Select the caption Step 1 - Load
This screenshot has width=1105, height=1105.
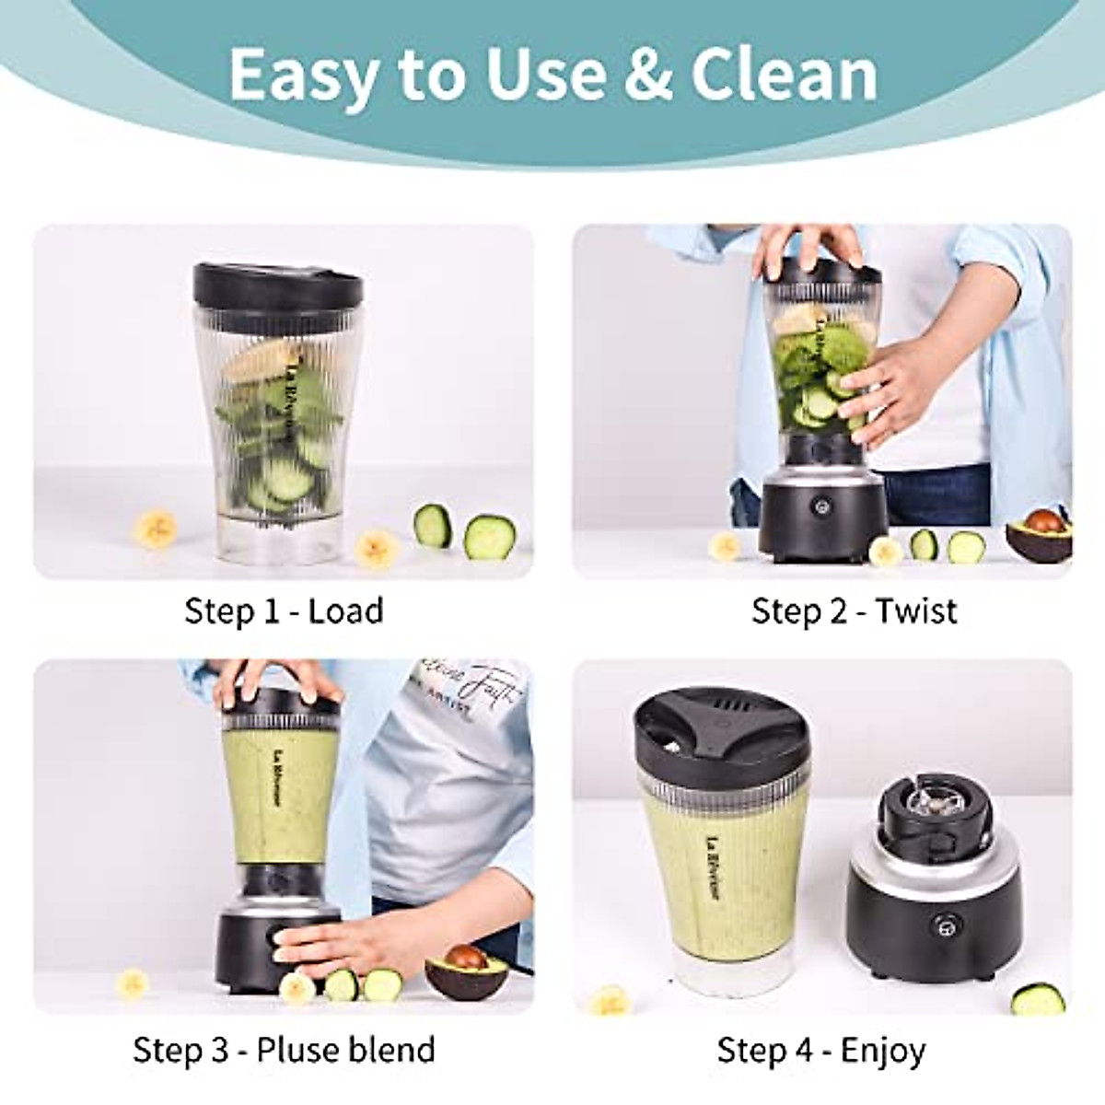pos(284,611)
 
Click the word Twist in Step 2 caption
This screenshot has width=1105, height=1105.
pos(915,611)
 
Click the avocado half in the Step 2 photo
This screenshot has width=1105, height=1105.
pos(1039,536)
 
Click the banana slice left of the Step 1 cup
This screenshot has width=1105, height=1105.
pos(156,529)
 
